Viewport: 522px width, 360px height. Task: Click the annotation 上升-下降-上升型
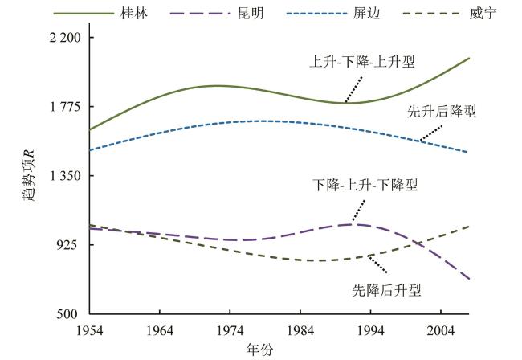[367, 61]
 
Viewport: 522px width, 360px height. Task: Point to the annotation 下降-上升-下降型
[365, 185]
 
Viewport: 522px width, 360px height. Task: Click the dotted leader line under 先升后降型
[429, 133]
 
